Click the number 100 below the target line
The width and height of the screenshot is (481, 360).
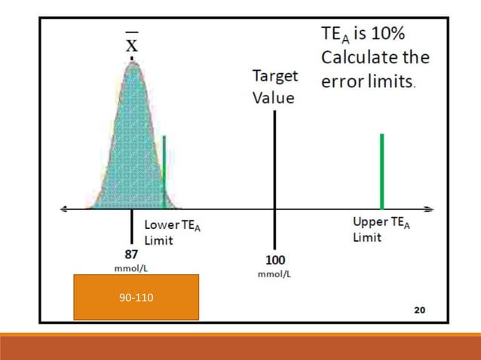(274, 260)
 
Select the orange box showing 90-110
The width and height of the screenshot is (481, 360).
(136, 297)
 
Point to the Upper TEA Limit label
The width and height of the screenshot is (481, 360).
(383, 230)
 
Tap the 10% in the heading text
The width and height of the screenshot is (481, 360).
(409, 35)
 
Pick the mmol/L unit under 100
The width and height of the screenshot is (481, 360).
(274, 273)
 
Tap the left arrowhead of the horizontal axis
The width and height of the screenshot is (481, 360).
(66, 207)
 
